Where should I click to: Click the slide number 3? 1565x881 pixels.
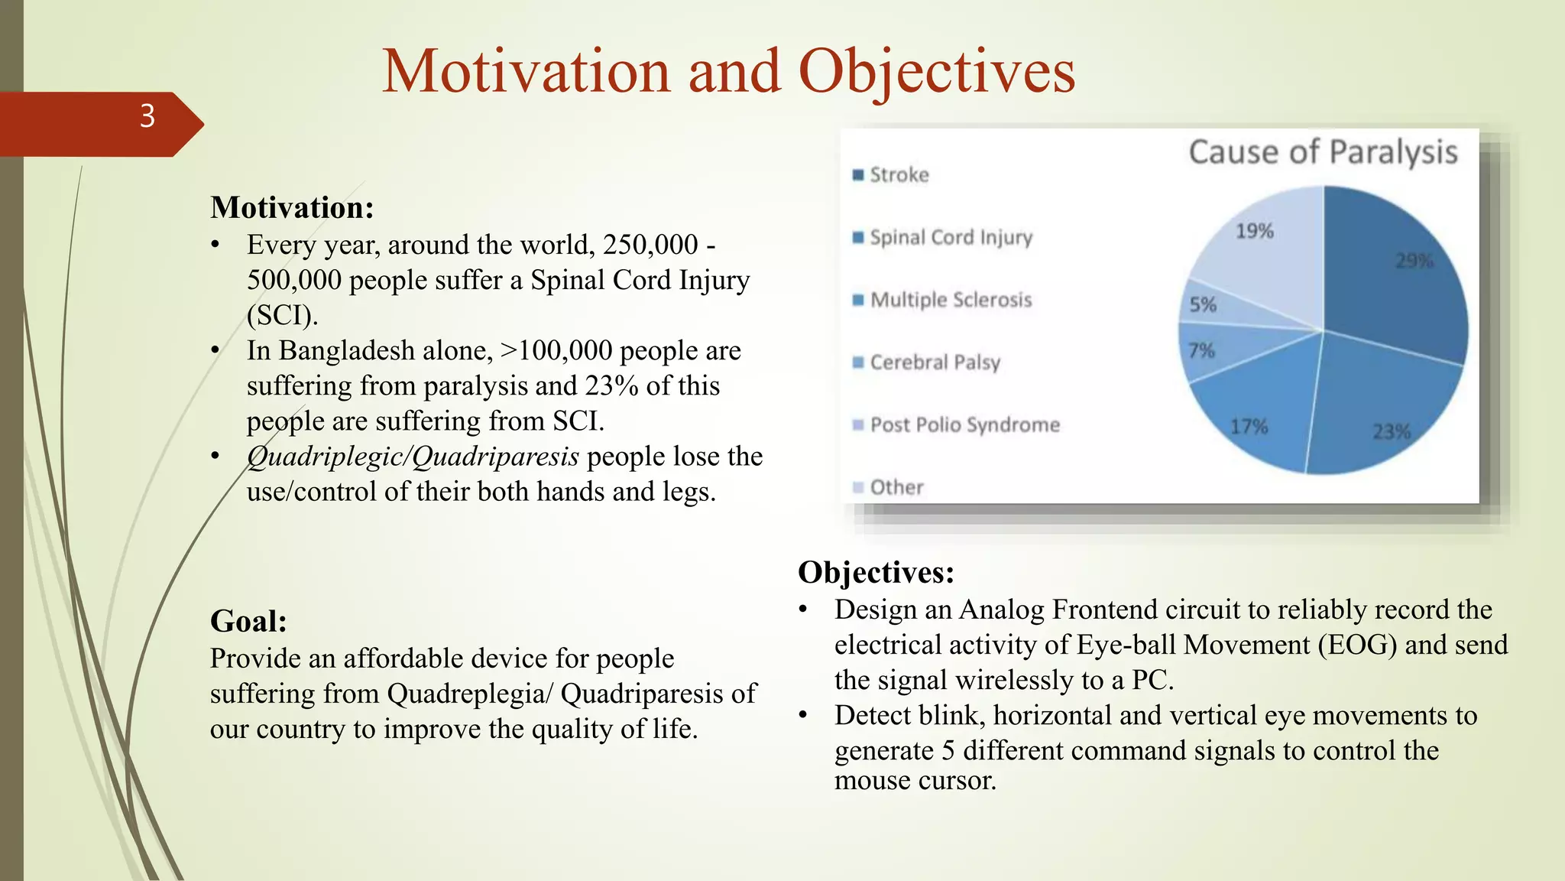coord(147,116)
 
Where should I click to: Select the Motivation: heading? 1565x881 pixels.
coord(292,207)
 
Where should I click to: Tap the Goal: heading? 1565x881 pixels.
coord(248,621)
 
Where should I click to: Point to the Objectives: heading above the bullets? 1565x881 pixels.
coord(876,572)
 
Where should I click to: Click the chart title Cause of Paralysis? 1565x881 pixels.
coord(1323,151)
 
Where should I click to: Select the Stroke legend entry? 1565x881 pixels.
coord(899,175)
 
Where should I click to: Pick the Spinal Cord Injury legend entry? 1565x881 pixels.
coord(951,238)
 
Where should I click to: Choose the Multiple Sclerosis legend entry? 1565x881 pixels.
coord(951,300)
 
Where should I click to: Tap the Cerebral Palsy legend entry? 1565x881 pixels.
coord(935,362)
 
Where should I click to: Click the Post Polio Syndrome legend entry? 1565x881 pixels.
coord(964,425)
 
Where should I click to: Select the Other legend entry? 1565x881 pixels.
coord(896,487)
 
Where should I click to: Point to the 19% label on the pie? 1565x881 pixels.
coord(1254,231)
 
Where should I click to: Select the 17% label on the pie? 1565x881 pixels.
coord(1249,426)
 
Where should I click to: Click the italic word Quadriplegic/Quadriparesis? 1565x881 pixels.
coord(413,457)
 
